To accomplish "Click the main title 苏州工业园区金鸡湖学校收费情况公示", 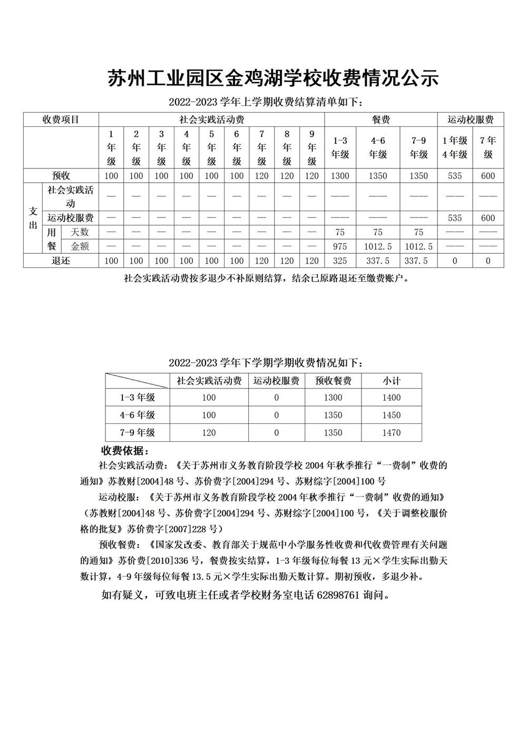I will coord(274,78).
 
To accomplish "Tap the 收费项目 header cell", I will coord(61,120).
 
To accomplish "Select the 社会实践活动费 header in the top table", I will coord(211,120).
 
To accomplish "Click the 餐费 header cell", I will coord(380,120).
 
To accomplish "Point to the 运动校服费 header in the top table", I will coord(470,120).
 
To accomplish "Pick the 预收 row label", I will coord(61,175).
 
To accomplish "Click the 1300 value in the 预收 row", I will coord(340,176).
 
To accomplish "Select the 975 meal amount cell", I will coord(340,246).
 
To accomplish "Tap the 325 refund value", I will coord(340,261).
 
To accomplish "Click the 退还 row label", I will coord(61,261).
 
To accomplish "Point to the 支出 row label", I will coord(33,218).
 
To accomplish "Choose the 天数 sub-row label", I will coord(80,232).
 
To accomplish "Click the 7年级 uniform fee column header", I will coord(488,147).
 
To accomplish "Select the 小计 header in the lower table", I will coord(391,381).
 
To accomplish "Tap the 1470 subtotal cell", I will coord(391,433).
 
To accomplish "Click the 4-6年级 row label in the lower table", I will coord(137,415).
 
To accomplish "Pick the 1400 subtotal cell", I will coord(391,398).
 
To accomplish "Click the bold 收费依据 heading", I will coord(125,451).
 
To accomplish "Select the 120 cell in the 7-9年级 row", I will coord(209,433).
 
